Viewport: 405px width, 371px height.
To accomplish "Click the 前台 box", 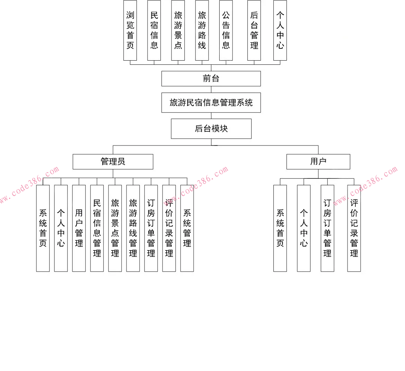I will click(211, 79).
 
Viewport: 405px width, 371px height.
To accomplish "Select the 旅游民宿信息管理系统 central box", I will click(211, 103).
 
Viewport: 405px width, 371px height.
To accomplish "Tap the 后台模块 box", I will click(211, 129).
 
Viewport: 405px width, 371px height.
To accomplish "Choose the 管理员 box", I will click(113, 162).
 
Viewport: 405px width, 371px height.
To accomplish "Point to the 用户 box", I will click(318, 162).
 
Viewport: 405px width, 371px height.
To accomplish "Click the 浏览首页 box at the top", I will click(130, 30).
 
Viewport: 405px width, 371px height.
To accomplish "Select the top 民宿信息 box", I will click(154, 30).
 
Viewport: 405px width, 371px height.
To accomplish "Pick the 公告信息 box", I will click(226, 30).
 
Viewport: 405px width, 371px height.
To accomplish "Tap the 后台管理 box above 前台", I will click(254, 30).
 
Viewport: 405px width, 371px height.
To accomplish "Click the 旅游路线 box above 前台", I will click(202, 30).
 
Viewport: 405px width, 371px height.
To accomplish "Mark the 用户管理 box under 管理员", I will click(79, 228).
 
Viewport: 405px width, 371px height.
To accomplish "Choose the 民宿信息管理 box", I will click(97, 228).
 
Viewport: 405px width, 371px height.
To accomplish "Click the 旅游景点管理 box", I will click(115, 228).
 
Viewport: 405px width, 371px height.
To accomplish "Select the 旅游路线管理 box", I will click(133, 228).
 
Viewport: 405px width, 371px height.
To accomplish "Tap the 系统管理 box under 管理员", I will click(187, 228).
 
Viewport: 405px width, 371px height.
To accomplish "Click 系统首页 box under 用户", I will click(280, 228).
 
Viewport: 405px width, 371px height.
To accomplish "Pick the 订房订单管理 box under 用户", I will click(327, 228).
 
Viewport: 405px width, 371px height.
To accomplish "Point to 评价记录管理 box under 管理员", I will click(169, 228).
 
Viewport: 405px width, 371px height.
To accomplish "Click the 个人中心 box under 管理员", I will click(61, 228).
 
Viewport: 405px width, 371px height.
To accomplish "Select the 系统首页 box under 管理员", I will click(43, 228).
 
